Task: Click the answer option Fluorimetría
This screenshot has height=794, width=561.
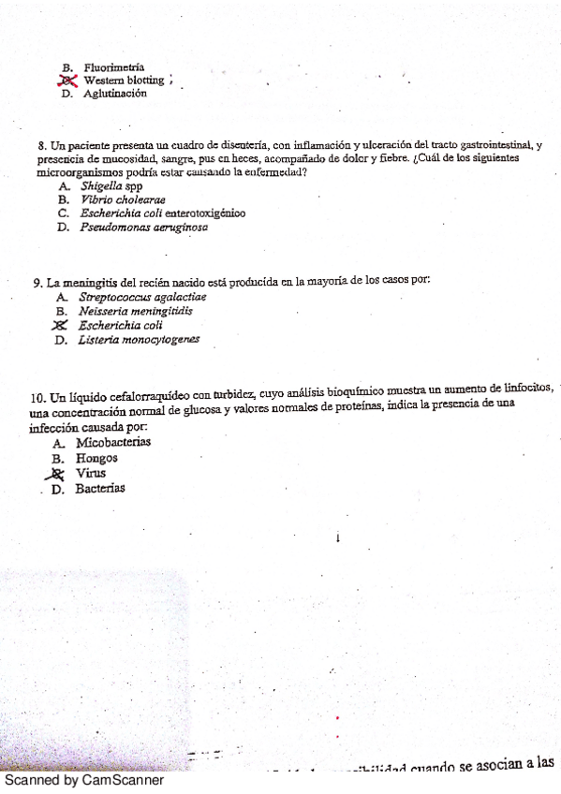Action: click(113, 67)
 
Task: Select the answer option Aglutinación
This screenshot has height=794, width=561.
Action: click(114, 94)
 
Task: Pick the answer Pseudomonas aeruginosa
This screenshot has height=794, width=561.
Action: click(143, 227)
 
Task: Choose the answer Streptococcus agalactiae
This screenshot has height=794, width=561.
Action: click(142, 297)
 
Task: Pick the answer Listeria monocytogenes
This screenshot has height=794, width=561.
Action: click(139, 340)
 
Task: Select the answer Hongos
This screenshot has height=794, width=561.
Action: click(96, 458)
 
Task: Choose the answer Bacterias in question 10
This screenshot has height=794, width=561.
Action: click(100, 488)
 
